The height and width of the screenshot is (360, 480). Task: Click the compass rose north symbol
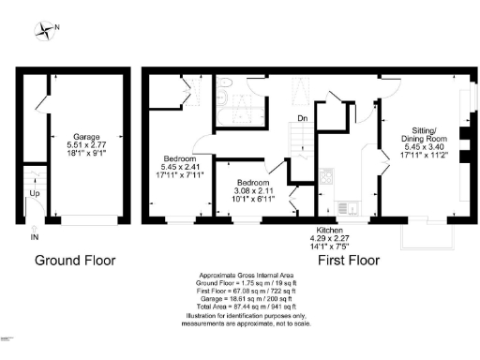coord(45,31)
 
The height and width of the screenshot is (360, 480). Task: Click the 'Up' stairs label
coord(36,193)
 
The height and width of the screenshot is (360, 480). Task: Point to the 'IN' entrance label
coord(36,236)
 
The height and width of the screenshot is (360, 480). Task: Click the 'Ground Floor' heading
coord(75,258)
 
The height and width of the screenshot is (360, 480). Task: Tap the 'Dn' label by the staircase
coord(302,118)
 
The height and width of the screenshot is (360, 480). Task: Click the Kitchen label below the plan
coord(330,230)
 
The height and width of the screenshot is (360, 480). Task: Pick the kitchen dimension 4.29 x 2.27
coord(330,238)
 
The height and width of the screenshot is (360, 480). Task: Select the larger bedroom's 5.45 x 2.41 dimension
coord(180,167)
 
